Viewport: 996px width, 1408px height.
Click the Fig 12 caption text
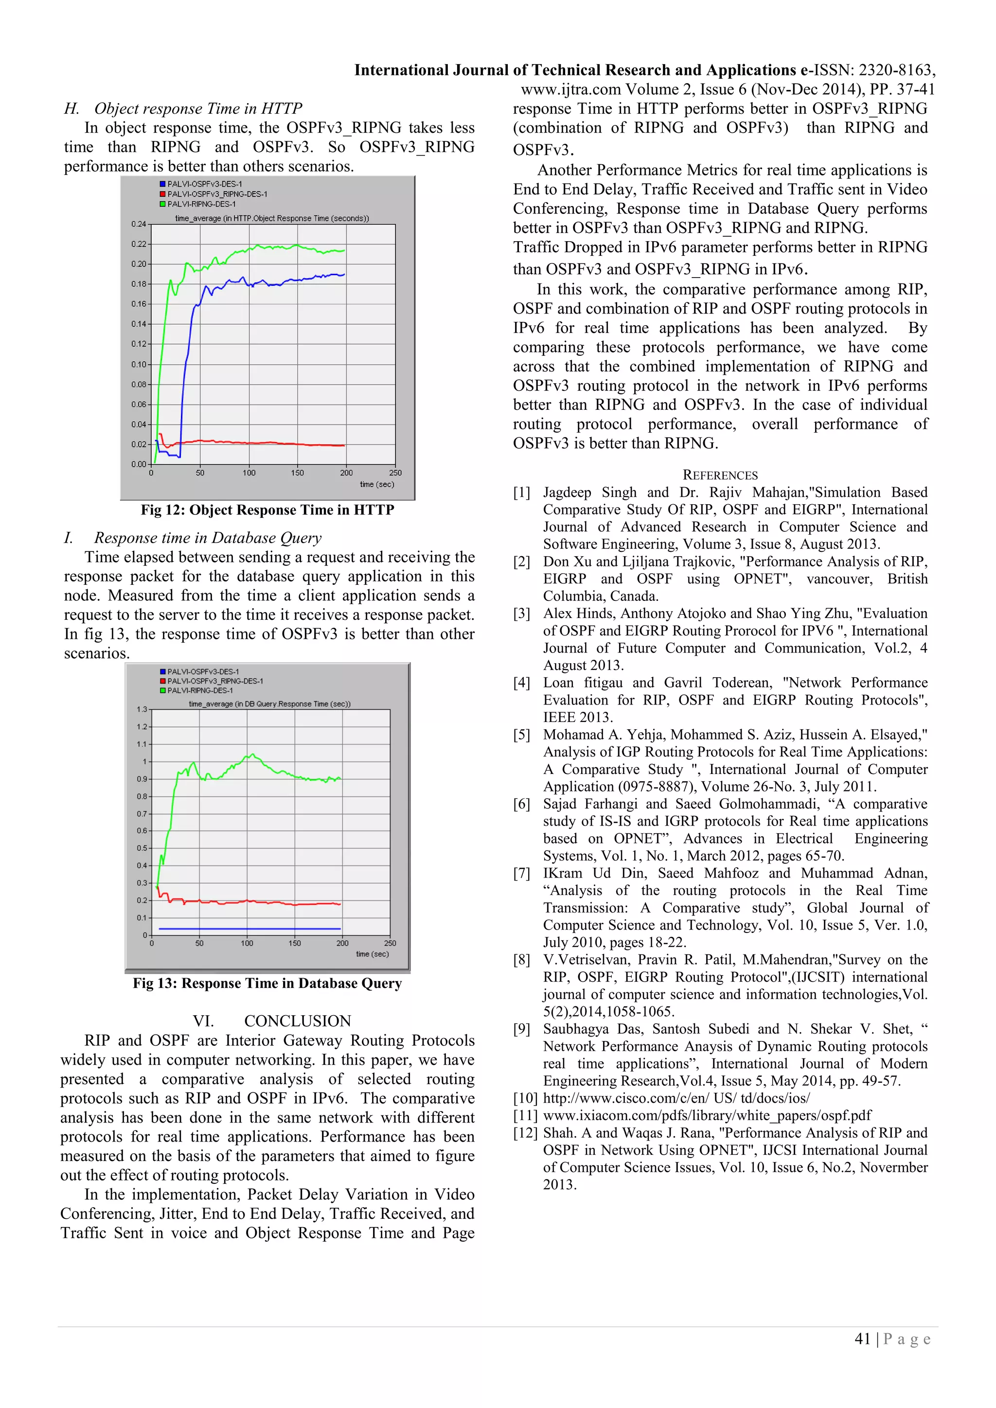pos(267,510)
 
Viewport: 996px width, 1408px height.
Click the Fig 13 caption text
pos(267,983)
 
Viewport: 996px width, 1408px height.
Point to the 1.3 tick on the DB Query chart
pos(142,709)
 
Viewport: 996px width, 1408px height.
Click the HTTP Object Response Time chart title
pos(272,218)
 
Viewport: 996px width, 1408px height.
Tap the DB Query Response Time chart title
pos(269,704)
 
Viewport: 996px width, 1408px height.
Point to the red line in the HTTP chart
pos(276,443)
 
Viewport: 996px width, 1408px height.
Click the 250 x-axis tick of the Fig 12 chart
pos(395,473)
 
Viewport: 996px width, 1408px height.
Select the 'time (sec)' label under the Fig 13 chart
pos(372,954)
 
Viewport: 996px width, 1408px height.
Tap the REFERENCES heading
pos(720,475)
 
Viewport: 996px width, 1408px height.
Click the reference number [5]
pos(521,735)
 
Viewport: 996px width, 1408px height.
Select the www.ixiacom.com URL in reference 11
pos(707,1115)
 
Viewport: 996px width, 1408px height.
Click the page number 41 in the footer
pos(862,1339)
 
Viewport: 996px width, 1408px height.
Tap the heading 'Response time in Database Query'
pos(207,538)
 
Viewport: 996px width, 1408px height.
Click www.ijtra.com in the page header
pos(570,89)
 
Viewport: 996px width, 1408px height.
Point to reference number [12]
pos(524,1133)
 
